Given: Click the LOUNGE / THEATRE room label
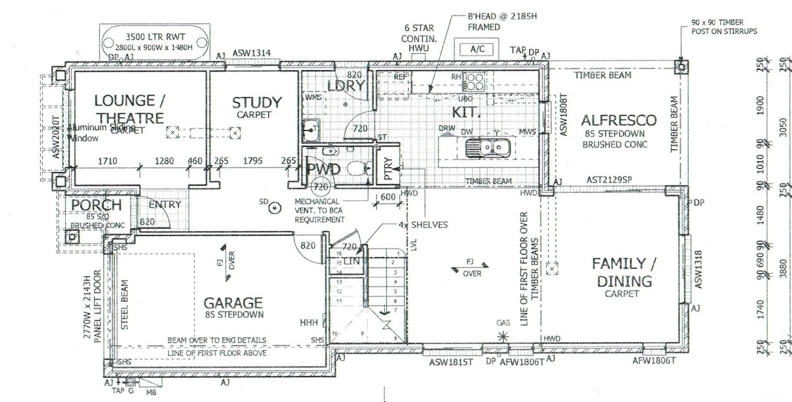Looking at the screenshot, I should (x=129, y=109).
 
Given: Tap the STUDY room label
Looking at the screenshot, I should (x=257, y=103).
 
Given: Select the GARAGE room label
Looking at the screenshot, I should (x=233, y=303).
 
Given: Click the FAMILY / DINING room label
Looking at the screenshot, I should (x=624, y=272).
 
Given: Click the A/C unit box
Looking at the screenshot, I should (x=478, y=49).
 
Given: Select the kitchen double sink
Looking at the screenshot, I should (x=486, y=147).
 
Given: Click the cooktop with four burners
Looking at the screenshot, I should (x=473, y=81).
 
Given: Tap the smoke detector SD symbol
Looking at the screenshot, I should (x=275, y=208).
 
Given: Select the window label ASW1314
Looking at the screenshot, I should (x=251, y=53).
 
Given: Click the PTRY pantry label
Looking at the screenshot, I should (x=388, y=169).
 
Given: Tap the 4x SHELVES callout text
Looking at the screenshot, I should (x=423, y=225).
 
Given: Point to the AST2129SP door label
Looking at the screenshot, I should (x=609, y=179).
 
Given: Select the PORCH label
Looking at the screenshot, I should (x=97, y=205).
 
